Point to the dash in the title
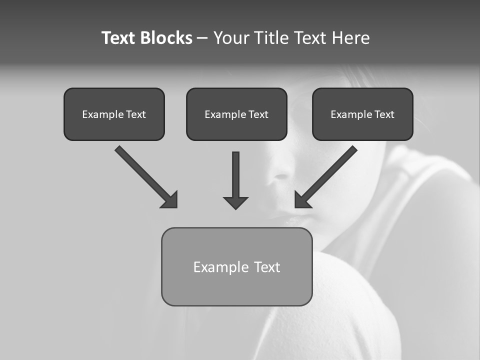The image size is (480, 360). [x=202, y=38]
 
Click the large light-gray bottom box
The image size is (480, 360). [x=236, y=287]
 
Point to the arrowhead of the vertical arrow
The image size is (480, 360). [x=235, y=202]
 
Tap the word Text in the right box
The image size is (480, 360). [x=384, y=114]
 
